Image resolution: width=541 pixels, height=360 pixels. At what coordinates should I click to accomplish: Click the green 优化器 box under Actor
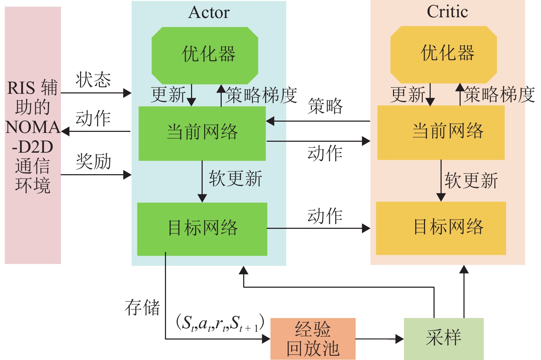[x=205, y=55]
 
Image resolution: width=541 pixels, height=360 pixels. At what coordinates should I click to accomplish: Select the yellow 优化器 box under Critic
[x=444, y=54]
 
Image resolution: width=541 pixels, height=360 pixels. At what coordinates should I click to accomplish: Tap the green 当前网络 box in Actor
[x=202, y=133]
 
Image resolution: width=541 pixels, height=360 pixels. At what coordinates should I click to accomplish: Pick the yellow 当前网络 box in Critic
[x=441, y=132]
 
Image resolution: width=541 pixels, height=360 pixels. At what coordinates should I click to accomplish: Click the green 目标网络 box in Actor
[x=202, y=228]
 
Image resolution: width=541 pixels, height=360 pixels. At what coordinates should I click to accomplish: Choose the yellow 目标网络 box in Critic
[x=441, y=228]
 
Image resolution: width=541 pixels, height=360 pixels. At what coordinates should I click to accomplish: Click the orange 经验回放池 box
[x=313, y=339]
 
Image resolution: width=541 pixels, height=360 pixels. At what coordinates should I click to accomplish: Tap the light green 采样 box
[x=443, y=338]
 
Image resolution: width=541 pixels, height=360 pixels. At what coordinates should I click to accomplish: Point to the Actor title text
[x=209, y=13]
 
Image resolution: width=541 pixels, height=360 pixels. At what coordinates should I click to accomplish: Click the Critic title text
[x=447, y=12]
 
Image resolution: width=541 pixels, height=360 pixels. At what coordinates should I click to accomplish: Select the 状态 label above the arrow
[x=93, y=80]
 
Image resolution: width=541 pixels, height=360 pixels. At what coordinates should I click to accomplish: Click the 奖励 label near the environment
[x=93, y=161]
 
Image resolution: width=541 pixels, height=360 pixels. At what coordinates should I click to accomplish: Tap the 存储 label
[x=142, y=307]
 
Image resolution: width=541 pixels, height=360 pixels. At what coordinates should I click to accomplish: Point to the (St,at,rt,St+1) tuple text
[x=220, y=323]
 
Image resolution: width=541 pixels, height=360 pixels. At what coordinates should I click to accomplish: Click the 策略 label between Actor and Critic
[x=325, y=106]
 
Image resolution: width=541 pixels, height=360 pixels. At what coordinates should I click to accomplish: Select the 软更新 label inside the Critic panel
[x=471, y=181]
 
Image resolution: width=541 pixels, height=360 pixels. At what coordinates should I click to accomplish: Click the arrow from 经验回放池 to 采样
[x=379, y=339]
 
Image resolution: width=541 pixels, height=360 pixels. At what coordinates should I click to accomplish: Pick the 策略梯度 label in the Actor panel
[x=261, y=95]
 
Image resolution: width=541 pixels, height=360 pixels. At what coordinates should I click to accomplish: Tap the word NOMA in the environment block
[x=33, y=128]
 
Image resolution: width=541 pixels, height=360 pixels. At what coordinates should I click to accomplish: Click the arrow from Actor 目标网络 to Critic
[x=318, y=228]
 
